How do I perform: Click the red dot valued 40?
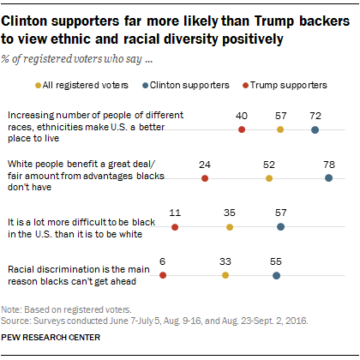coord(242,129)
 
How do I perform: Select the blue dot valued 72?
coord(315,129)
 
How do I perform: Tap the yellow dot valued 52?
coord(269,178)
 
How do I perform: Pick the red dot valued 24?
coord(205,178)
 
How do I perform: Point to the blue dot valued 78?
coord(328,178)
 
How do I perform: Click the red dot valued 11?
coord(175,227)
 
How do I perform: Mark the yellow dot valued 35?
coord(230,227)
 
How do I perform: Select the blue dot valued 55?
coord(275,276)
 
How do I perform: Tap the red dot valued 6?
coord(163,276)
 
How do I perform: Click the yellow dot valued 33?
coord(225,276)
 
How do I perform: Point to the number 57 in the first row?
coord(280,115)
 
